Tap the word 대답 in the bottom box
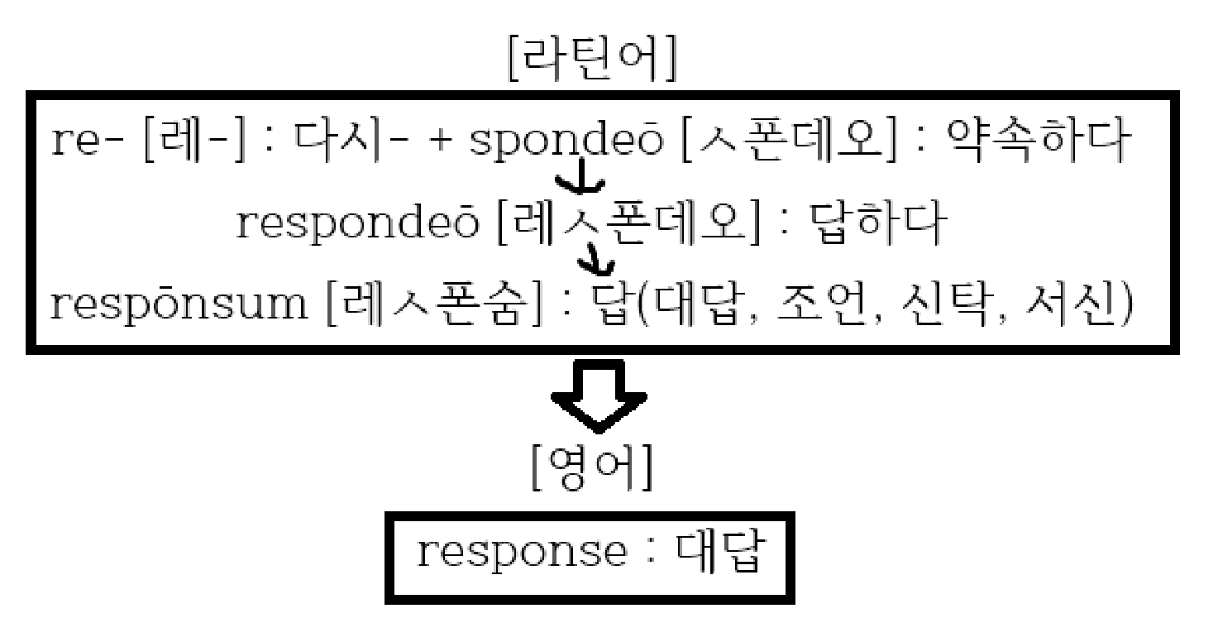click(x=718, y=553)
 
